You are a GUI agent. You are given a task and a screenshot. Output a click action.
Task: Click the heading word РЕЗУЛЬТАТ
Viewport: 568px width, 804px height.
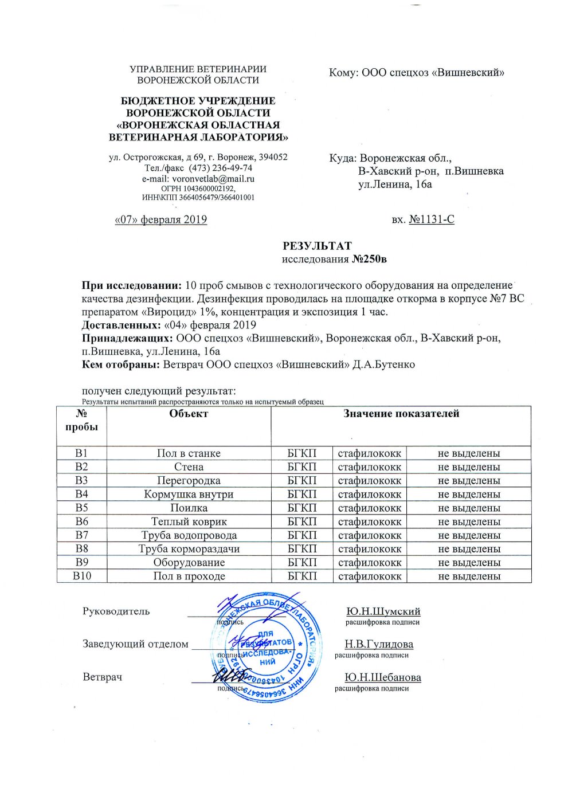[317, 246]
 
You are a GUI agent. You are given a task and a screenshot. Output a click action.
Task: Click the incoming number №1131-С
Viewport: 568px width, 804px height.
[432, 219]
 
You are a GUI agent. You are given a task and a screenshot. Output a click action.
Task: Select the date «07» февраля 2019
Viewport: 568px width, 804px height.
[161, 219]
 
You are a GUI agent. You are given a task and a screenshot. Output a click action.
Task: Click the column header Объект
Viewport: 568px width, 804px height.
[189, 414]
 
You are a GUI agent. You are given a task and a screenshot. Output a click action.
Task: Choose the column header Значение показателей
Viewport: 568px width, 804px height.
[401, 414]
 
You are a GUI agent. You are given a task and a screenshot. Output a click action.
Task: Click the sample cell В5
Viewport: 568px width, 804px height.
[81, 508]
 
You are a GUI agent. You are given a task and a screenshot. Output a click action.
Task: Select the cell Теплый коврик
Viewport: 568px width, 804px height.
[189, 521]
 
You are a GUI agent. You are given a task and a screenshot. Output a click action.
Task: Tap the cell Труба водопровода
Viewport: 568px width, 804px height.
[189, 535]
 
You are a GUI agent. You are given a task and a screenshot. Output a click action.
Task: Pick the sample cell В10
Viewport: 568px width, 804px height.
[81, 576]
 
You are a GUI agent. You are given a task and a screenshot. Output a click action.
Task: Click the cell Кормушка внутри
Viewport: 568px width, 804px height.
[189, 494]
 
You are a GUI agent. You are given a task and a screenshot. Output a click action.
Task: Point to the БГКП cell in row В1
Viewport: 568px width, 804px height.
[302, 453]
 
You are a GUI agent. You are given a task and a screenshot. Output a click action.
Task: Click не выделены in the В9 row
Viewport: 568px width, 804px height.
[469, 562]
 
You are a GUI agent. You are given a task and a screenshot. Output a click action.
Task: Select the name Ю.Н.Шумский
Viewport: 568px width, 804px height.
[383, 611]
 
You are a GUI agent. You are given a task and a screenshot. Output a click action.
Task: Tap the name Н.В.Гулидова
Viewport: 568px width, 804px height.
[379, 644]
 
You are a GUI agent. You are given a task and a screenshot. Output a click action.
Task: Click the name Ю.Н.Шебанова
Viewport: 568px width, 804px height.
[383, 677]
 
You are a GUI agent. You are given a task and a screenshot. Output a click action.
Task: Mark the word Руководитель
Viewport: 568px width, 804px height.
[116, 611]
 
